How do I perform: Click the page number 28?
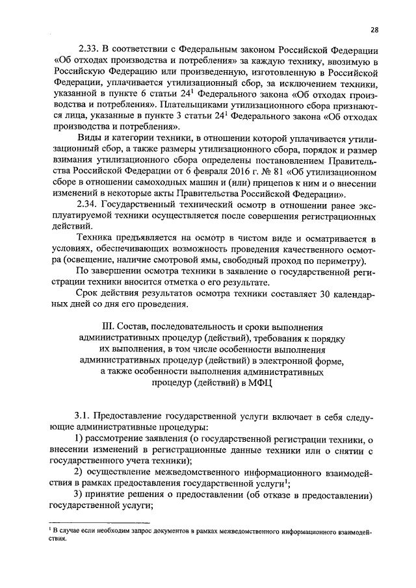point(375,29)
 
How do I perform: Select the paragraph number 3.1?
point(84,415)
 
